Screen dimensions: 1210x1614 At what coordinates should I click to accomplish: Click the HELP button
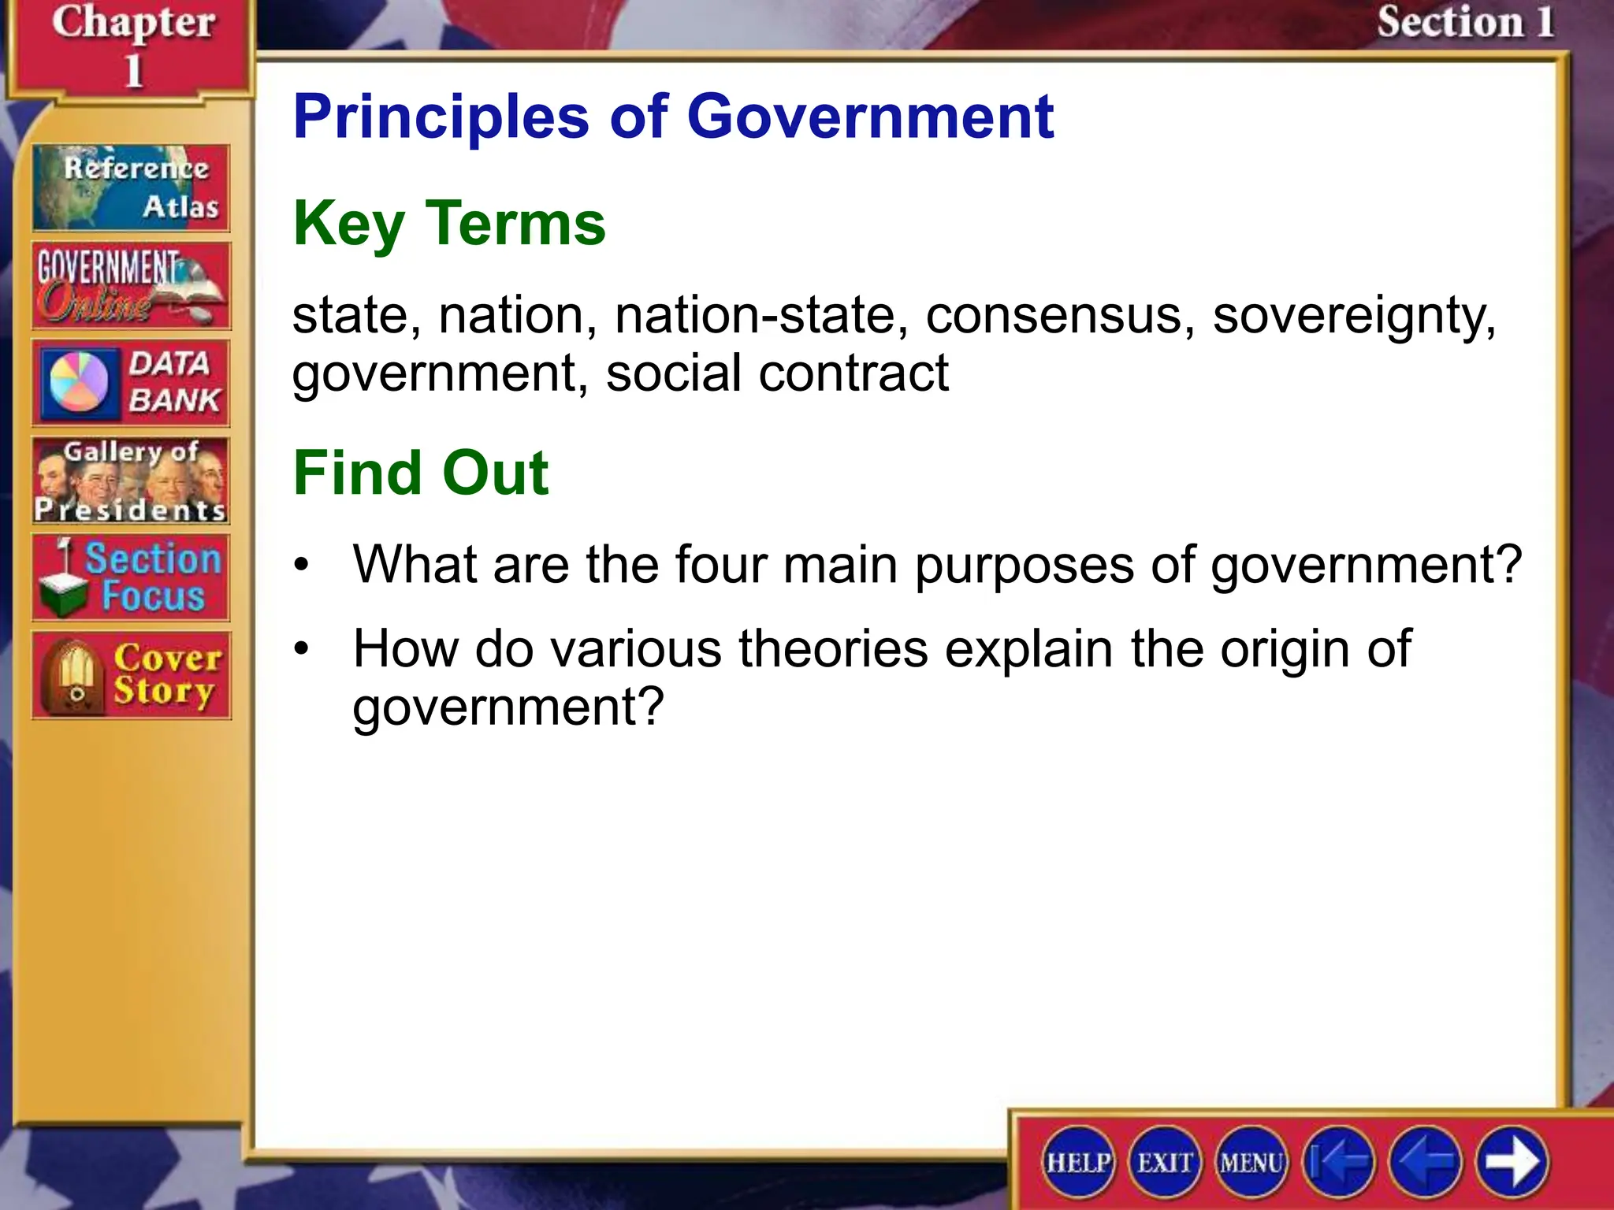coord(1078,1162)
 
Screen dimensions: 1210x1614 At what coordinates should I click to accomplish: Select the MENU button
coord(1251,1162)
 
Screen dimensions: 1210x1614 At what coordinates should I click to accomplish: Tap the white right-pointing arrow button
coord(1512,1162)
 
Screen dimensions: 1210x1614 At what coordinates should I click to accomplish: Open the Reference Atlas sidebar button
coord(131,187)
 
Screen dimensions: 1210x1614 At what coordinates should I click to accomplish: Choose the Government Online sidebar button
coord(131,285)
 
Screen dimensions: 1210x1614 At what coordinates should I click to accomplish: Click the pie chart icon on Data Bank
coord(79,383)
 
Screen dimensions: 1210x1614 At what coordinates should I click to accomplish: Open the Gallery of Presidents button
coord(131,481)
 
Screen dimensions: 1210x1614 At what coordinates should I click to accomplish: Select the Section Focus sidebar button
coord(131,578)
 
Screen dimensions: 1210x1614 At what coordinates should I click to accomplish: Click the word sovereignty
coord(1354,317)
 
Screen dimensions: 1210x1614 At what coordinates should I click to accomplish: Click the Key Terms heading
coord(449,224)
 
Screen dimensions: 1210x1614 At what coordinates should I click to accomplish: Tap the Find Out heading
coord(421,473)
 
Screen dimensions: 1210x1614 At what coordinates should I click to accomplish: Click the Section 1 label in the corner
coord(1464,22)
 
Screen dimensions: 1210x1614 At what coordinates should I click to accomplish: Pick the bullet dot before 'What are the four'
coord(301,566)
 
